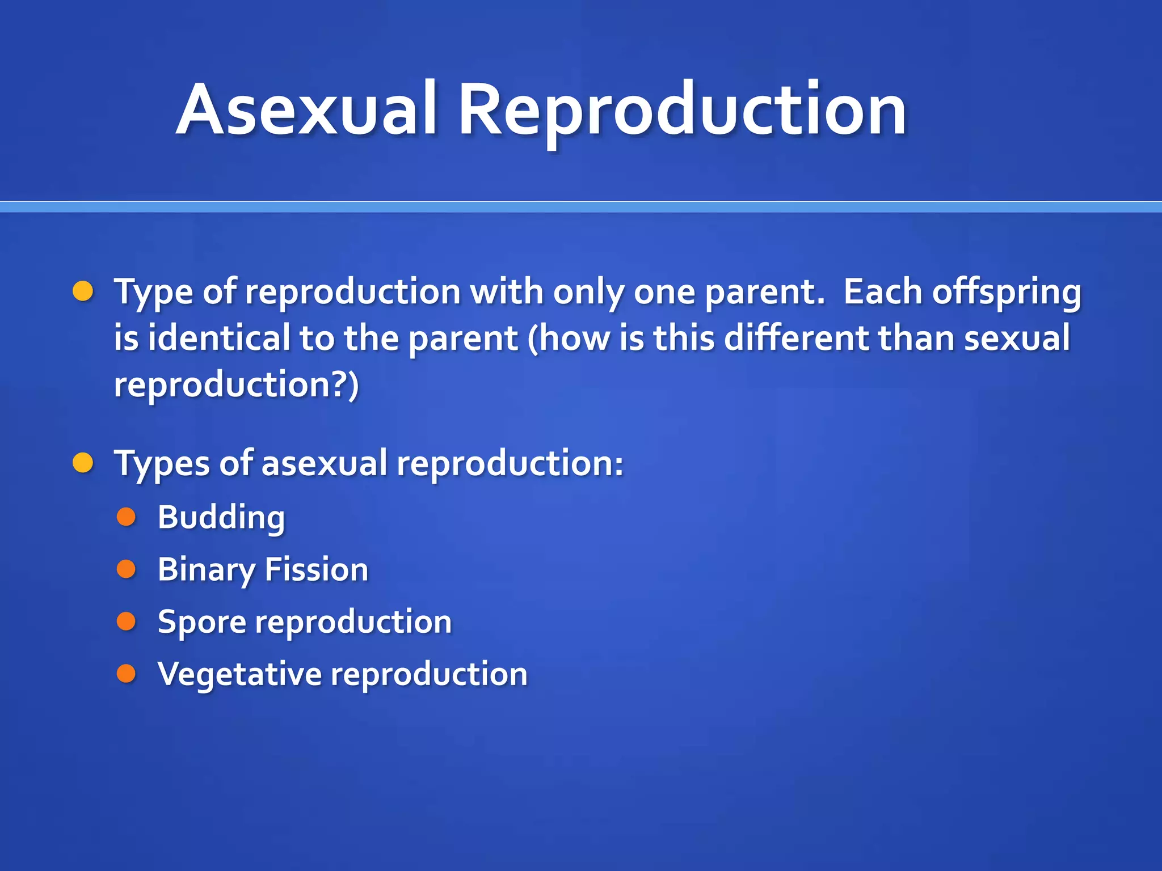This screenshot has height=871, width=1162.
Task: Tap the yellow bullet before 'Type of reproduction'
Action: coord(83,291)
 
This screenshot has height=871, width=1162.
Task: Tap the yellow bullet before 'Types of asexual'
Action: coord(83,463)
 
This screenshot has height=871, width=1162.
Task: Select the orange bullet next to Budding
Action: coord(126,517)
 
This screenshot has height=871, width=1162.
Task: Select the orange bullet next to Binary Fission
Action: coord(126,569)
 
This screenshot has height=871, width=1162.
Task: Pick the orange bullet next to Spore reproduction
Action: coord(126,621)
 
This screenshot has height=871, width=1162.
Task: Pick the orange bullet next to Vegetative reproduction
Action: coord(126,674)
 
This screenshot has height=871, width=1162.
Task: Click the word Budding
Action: coord(221,518)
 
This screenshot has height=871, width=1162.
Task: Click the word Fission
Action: coord(316,569)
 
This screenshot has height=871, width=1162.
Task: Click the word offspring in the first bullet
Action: coord(1007,293)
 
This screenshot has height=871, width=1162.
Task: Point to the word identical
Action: coord(219,338)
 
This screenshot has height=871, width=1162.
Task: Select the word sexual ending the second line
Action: coord(1017,338)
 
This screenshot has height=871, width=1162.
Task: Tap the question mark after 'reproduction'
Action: coord(338,384)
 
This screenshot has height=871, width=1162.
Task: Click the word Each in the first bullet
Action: coord(882,291)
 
